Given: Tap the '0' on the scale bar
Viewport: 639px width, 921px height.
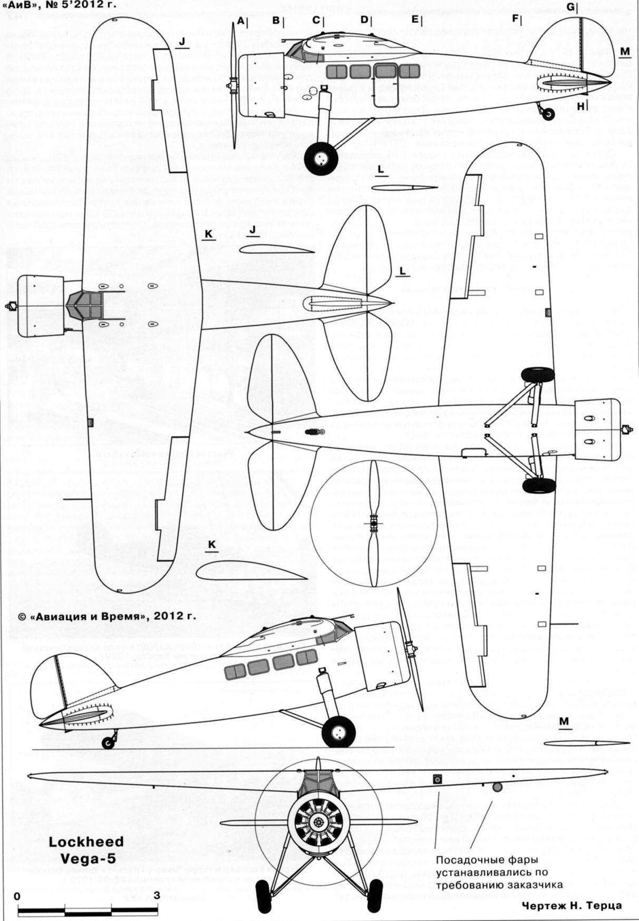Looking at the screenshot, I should pyautogui.click(x=17, y=896).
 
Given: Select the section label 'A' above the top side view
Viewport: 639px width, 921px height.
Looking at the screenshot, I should pyautogui.click(x=241, y=21).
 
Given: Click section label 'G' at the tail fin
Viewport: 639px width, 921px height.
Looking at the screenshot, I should pyautogui.click(x=571, y=7).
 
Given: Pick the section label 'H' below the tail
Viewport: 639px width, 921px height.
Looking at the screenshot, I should pyautogui.click(x=580, y=106).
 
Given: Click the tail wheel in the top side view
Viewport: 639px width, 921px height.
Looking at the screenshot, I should pyautogui.click(x=549, y=113).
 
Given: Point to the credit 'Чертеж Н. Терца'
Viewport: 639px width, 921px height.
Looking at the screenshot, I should pyautogui.click(x=572, y=905).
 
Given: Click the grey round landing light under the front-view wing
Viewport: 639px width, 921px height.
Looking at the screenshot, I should pyautogui.click(x=497, y=788).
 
